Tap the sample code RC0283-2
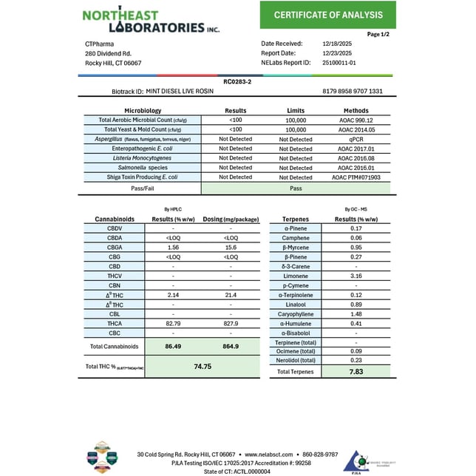coord(237,83)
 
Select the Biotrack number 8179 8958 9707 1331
coord(353,91)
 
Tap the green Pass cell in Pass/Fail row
coord(296,188)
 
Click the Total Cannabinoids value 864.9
coord(230,346)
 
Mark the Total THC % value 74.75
coord(203,366)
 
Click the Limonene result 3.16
coord(356,276)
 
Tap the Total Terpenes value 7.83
coord(356,371)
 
